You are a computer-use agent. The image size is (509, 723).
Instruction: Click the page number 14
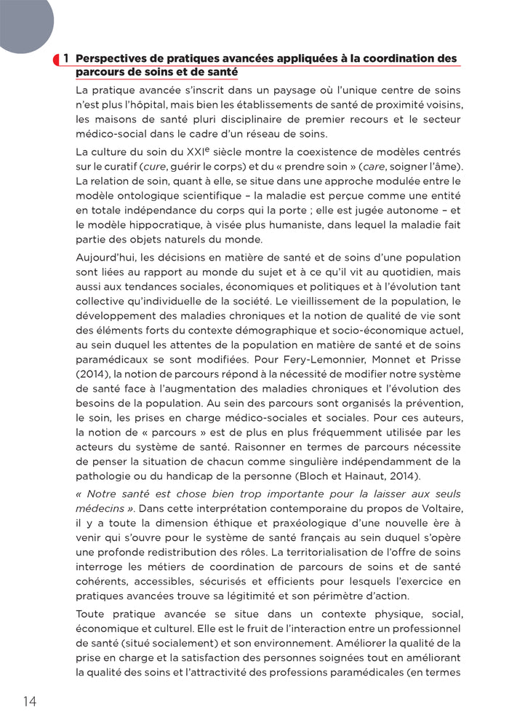(30, 701)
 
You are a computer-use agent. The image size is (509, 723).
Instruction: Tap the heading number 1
(66, 58)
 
